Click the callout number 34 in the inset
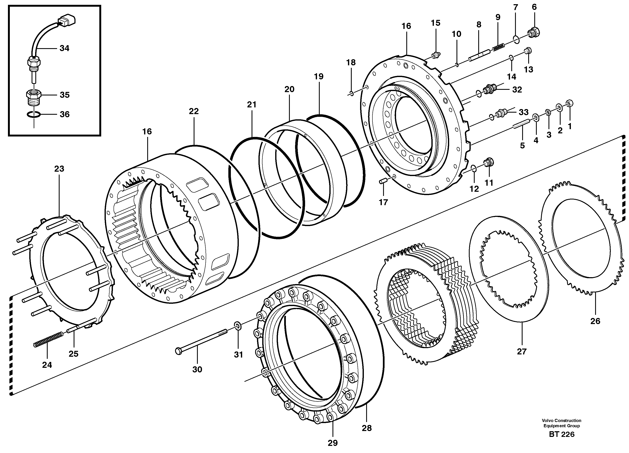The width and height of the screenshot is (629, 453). (x=64, y=48)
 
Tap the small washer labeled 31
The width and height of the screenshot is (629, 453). (x=238, y=326)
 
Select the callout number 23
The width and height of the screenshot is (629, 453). (x=59, y=169)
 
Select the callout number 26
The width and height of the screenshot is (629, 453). (x=595, y=321)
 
